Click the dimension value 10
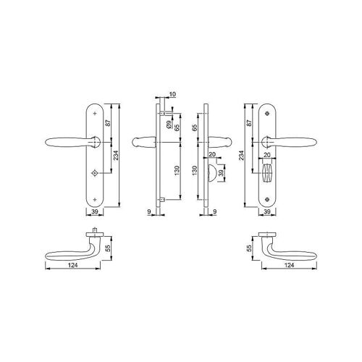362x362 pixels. pos(172,94)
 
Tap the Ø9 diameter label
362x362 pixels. pos(169,125)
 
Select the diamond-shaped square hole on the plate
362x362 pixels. pos(94,173)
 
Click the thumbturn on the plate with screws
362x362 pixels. pos(267,173)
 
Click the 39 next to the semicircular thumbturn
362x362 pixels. pos(221,173)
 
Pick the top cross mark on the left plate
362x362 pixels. pos(95,113)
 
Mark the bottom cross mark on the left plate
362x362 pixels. pos(95,199)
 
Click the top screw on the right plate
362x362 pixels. pos(267,113)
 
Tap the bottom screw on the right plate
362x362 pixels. pos(267,199)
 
